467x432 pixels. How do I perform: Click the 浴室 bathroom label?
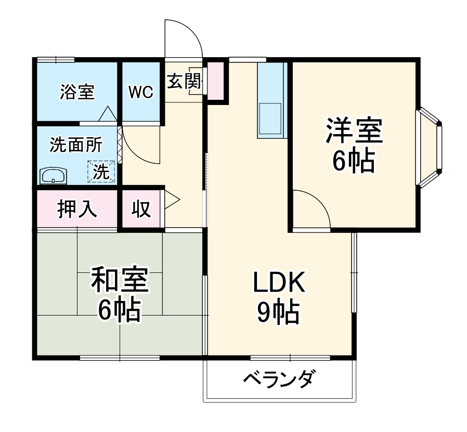[77, 93]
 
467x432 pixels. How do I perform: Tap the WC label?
[140, 93]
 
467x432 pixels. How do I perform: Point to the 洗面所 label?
[75, 145]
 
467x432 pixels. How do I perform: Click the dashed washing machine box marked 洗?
[102, 171]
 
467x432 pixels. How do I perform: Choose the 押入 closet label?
[77, 209]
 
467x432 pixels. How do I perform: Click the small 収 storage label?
[140, 209]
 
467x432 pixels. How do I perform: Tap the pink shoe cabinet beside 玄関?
[215, 81]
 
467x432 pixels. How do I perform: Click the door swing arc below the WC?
[140, 146]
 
